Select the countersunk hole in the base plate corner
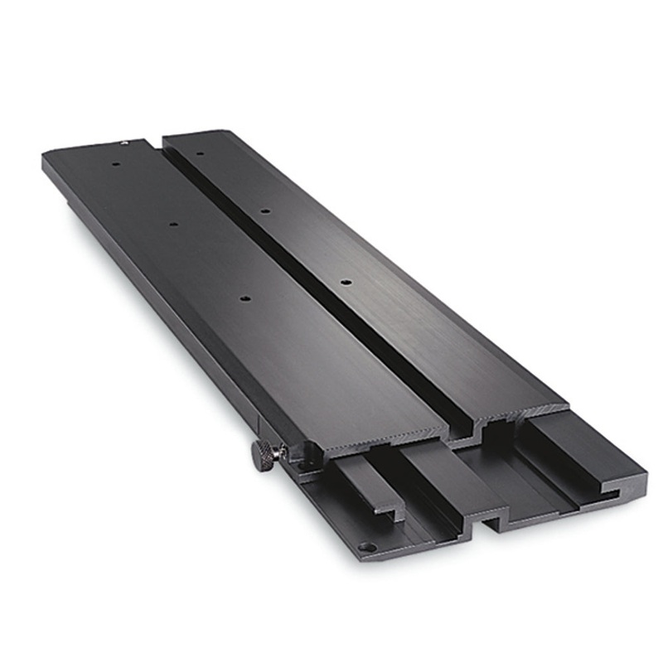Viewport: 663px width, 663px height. (x=365, y=547)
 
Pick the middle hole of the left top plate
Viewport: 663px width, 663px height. (x=172, y=224)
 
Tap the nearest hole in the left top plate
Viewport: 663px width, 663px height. (x=246, y=296)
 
